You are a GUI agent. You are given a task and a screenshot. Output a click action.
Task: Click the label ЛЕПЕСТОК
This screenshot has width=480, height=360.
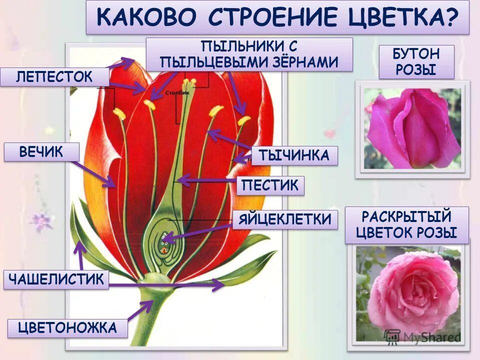[54, 77]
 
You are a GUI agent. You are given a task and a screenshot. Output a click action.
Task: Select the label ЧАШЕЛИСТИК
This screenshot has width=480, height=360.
[56, 279]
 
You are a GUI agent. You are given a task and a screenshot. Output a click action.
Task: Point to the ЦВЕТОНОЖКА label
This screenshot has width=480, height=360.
[67, 328]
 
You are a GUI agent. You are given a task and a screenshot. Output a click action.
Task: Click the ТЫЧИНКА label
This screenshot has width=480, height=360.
[294, 156]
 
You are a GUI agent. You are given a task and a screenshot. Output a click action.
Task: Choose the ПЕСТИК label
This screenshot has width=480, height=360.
[270, 186]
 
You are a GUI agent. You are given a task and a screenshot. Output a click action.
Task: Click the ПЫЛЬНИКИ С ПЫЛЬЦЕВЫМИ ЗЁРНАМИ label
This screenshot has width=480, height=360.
[249, 54]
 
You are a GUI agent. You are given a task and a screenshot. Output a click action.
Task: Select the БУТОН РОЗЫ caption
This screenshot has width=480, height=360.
[416, 61]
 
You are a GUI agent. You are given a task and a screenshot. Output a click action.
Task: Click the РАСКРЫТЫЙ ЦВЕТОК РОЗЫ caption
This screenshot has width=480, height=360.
[407, 225]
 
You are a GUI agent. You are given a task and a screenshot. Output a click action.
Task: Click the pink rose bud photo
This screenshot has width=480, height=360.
[412, 128]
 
